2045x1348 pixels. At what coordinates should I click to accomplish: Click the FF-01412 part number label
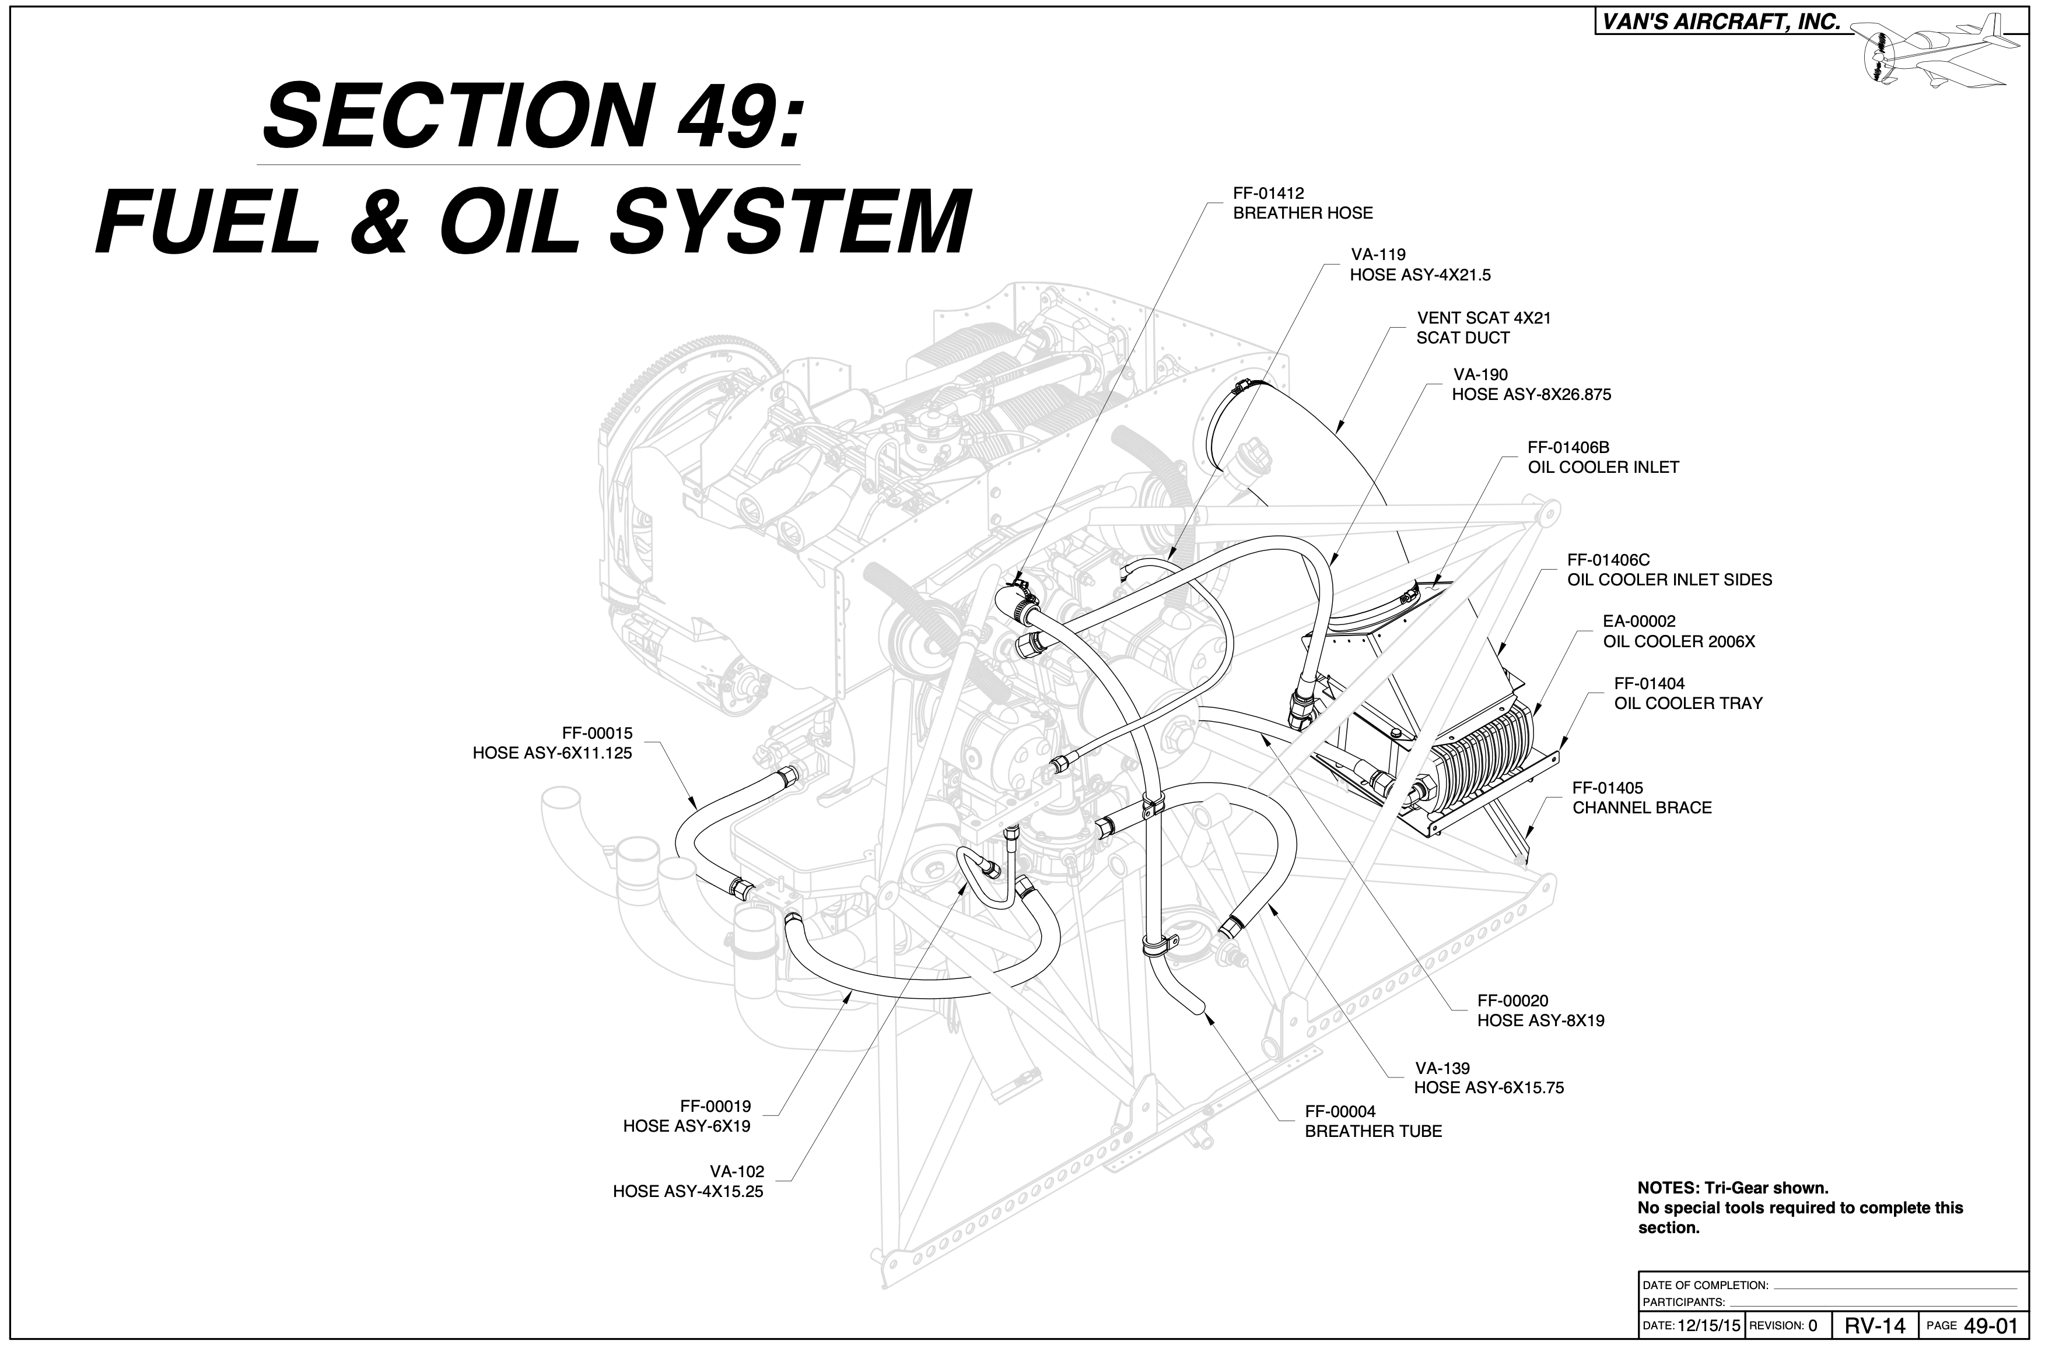[1269, 194]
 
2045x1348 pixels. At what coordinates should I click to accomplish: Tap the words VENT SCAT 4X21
[1483, 318]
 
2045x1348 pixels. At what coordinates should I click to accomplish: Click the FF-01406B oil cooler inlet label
[1603, 457]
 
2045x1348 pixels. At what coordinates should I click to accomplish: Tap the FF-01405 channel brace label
[1642, 798]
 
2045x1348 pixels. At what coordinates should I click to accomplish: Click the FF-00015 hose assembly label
[552, 743]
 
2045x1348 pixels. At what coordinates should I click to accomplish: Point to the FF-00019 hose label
[687, 1116]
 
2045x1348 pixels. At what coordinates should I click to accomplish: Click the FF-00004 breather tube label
[1372, 1122]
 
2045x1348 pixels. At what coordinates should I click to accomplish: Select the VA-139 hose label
[1489, 1078]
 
